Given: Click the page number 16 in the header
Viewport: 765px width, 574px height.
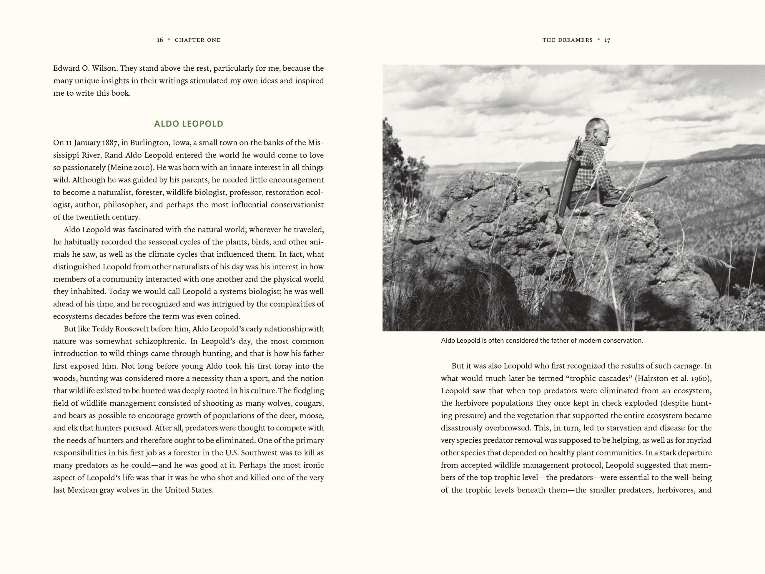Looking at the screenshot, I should pyautogui.click(x=160, y=40).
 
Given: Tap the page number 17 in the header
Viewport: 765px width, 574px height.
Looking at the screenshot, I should pyautogui.click(x=607, y=40).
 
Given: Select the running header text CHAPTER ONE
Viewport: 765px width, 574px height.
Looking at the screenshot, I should pyautogui.click(x=197, y=40).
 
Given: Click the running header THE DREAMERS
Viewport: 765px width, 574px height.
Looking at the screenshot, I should pyautogui.click(x=567, y=40).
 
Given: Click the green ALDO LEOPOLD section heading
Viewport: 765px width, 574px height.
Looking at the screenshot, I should pyautogui.click(x=189, y=124).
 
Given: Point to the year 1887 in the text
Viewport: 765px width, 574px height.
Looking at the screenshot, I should pyautogui.click(x=110, y=142).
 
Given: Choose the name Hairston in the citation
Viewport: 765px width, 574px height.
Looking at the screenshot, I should pyautogui.click(x=652, y=378).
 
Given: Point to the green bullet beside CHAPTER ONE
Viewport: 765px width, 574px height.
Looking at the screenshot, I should pyautogui.click(x=169, y=39).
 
